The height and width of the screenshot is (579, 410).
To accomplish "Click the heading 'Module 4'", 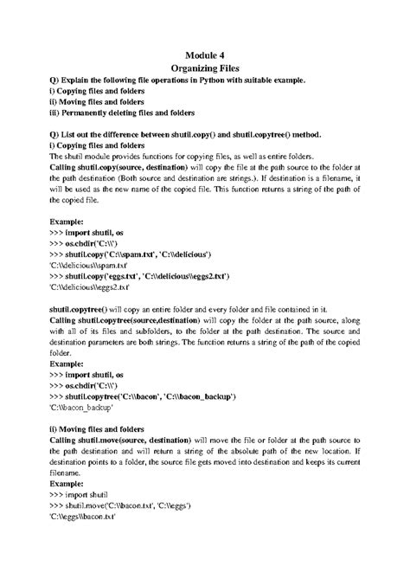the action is coord(205,54).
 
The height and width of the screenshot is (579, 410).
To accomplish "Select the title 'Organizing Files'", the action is coord(205,68).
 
